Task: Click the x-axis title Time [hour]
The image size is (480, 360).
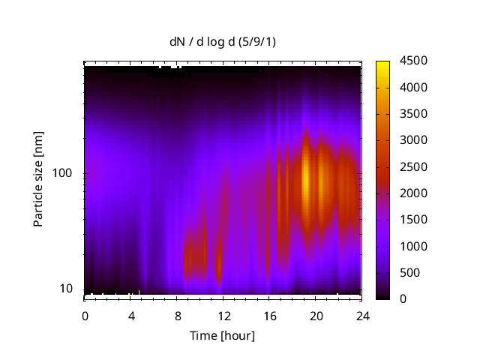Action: [222, 335]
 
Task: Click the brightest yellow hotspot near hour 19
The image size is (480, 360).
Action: [306, 180]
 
